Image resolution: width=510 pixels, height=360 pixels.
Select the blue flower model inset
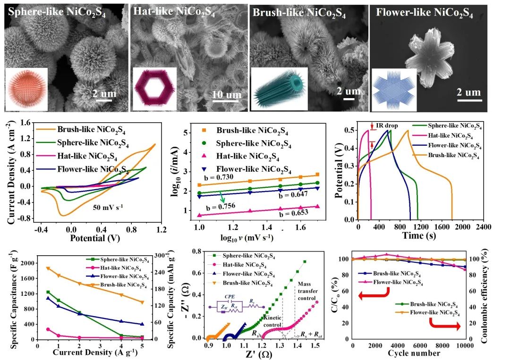coord(394,90)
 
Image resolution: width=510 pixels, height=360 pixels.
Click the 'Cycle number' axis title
coord(408,353)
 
